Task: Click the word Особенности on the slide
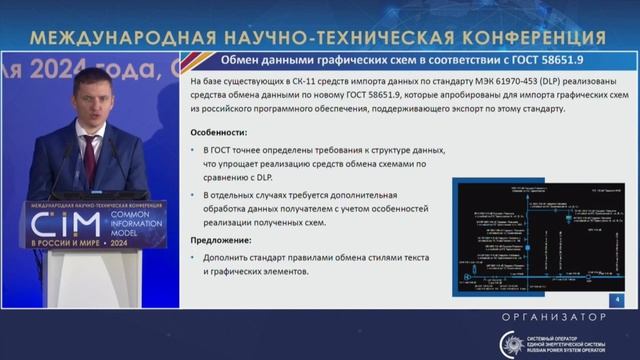click(x=219, y=131)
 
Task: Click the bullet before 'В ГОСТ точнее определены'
click(x=194, y=149)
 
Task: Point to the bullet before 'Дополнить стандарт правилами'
click(x=194, y=258)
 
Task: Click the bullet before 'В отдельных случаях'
click(x=194, y=194)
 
